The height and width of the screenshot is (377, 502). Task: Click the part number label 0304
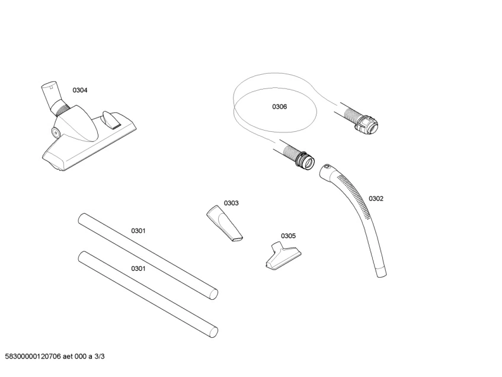80,90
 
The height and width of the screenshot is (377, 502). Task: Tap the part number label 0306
280,107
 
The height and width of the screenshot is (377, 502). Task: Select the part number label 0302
376,198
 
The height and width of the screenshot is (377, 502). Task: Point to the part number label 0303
231,203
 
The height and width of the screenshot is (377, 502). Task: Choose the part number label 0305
289,235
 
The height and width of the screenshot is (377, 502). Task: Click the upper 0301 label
138,230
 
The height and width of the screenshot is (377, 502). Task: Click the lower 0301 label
138,268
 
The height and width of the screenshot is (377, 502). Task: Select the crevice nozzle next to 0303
224,223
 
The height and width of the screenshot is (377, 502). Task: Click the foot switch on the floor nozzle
111,119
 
